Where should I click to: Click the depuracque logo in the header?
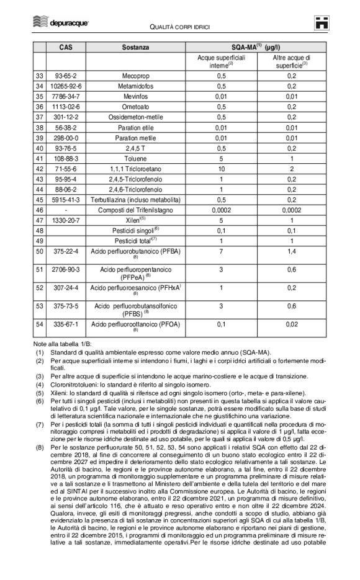pos(60,24)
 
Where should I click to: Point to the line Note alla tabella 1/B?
pos(63,344)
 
